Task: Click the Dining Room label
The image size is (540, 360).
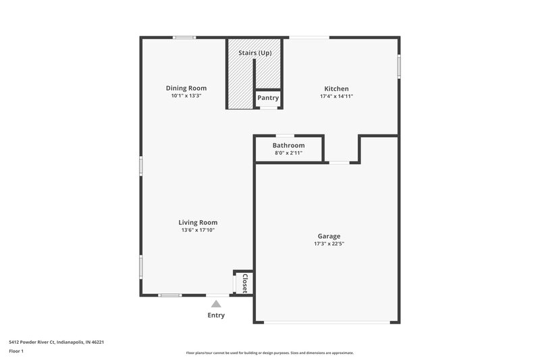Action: click(x=186, y=88)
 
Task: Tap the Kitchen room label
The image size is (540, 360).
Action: click(x=336, y=88)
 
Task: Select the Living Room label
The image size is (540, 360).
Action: click(x=198, y=222)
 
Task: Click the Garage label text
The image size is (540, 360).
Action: click(x=329, y=236)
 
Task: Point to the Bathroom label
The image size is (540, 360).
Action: click(x=288, y=145)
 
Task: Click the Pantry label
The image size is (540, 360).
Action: click(x=268, y=98)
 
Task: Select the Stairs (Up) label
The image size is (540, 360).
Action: click(x=254, y=53)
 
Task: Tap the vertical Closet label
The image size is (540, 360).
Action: click(x=245, y=282)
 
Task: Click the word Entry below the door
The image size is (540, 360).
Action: click(x=216, y=315)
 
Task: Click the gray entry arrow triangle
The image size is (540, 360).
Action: click(x=216, y=305)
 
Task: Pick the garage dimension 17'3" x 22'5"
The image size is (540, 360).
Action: click(x=329, y=244)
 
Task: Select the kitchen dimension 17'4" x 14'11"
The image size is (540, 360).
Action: click(x=336, y=97)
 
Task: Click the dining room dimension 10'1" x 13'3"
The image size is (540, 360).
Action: click(x=186, y=96)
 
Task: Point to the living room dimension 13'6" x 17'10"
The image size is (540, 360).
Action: click(x=198, y=230)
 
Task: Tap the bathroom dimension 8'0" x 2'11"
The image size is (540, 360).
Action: click(x=288, y=153)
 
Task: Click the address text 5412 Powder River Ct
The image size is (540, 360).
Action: click(x=56, y=342)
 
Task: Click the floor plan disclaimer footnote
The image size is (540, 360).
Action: click(x=269, y=353)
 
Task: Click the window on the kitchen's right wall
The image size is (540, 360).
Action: click(x=399, y=66)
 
